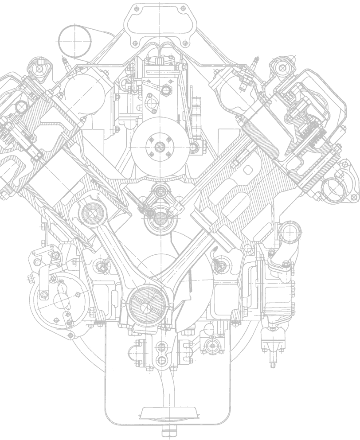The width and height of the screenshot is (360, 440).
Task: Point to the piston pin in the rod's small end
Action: [x=93, y=214]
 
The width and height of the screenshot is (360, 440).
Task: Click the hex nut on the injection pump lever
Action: [x=167, y=91]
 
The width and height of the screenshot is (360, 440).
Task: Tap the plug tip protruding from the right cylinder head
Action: [x=254, y=62]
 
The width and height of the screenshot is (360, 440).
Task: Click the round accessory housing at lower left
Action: [x=60, y=296]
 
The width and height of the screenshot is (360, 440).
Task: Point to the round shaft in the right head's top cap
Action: [x=281, y=67]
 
